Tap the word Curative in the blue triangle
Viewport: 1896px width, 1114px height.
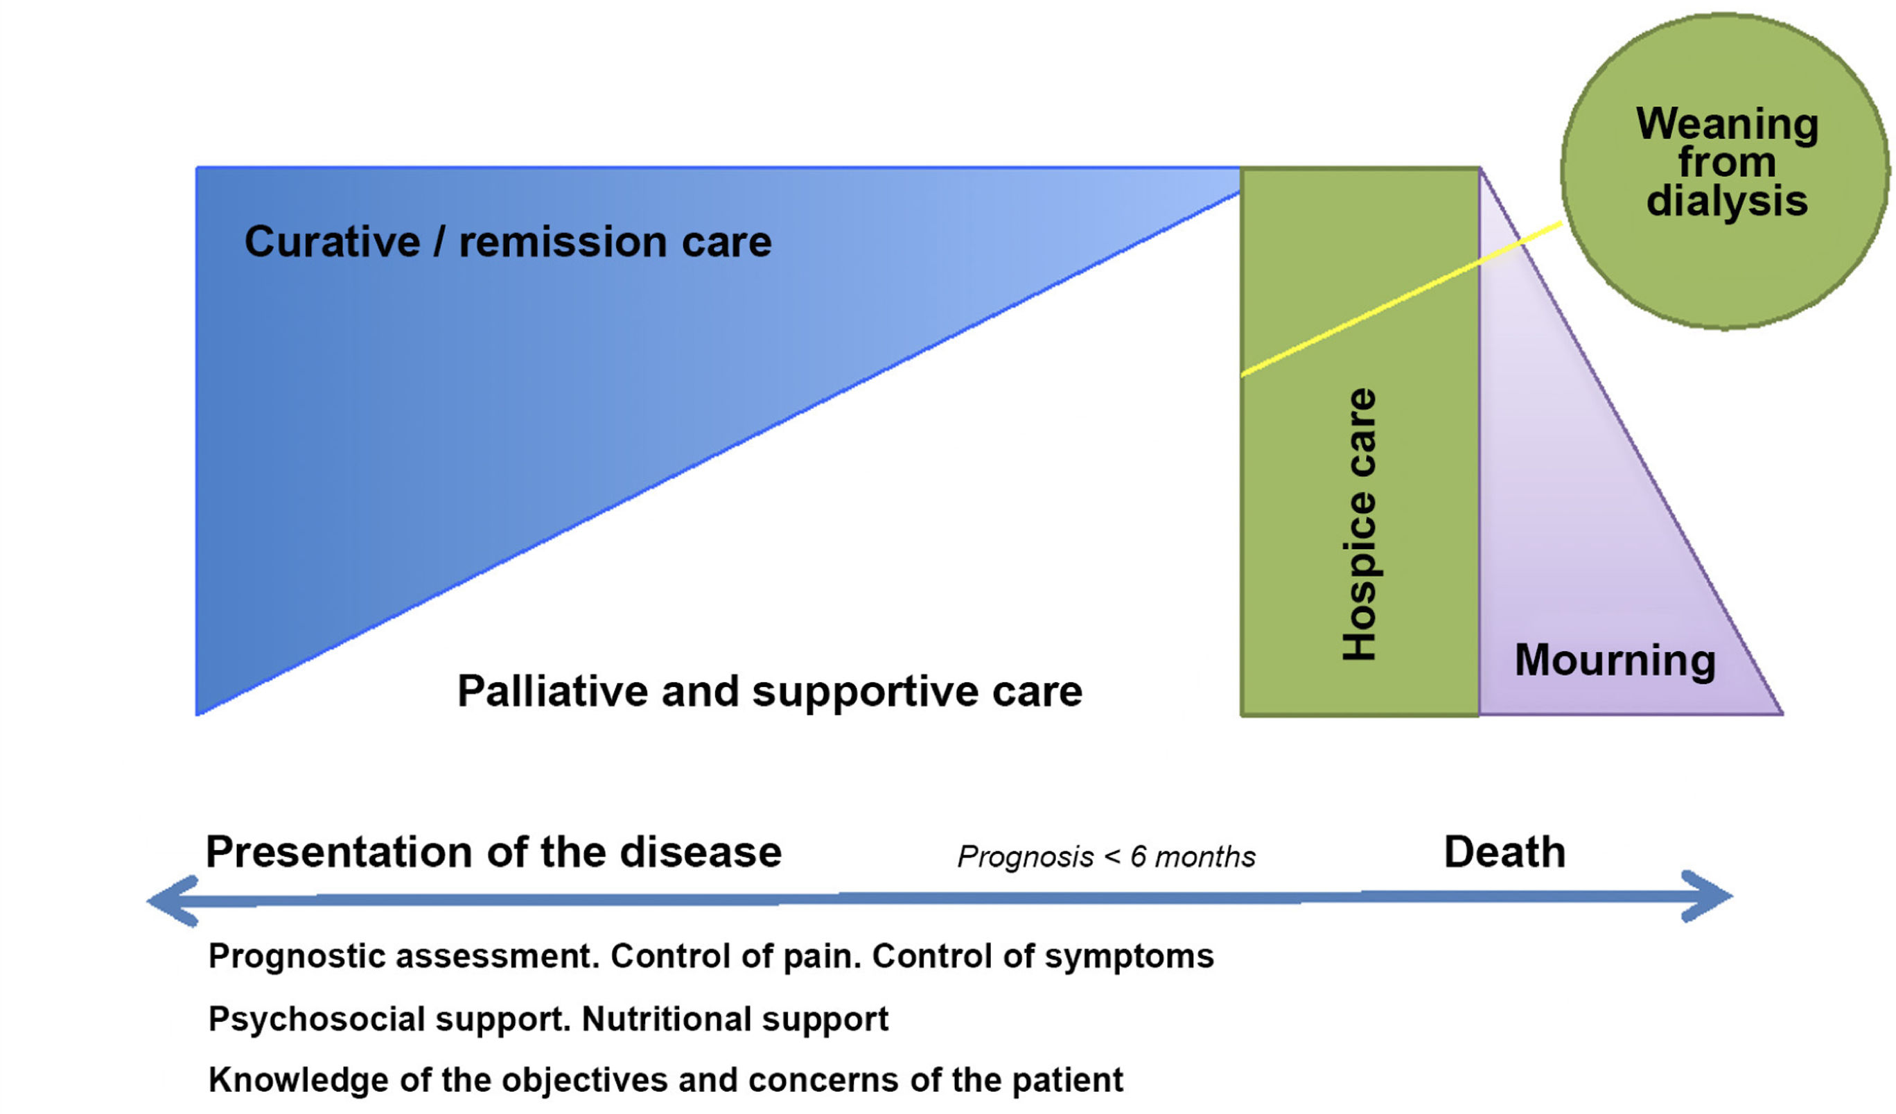pyautogui.click(x=332, y=242)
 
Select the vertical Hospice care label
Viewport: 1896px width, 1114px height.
pyautogui.click(x=1360, y=525)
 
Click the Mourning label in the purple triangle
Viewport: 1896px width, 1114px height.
pyautogui.click(x=1615, y=660)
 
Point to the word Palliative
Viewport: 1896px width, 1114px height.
pyautogui.click(x=552, y=691)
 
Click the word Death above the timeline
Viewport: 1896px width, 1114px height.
pyautogui.click(x=1504, y=852)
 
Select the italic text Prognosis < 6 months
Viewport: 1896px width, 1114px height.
pyautogui.click(x=1106, y=857)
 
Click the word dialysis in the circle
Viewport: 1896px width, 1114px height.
pyautogui.click(x=1727, y=201)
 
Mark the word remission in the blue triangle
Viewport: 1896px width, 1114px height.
pyautogui.click(x=563, y=242)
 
